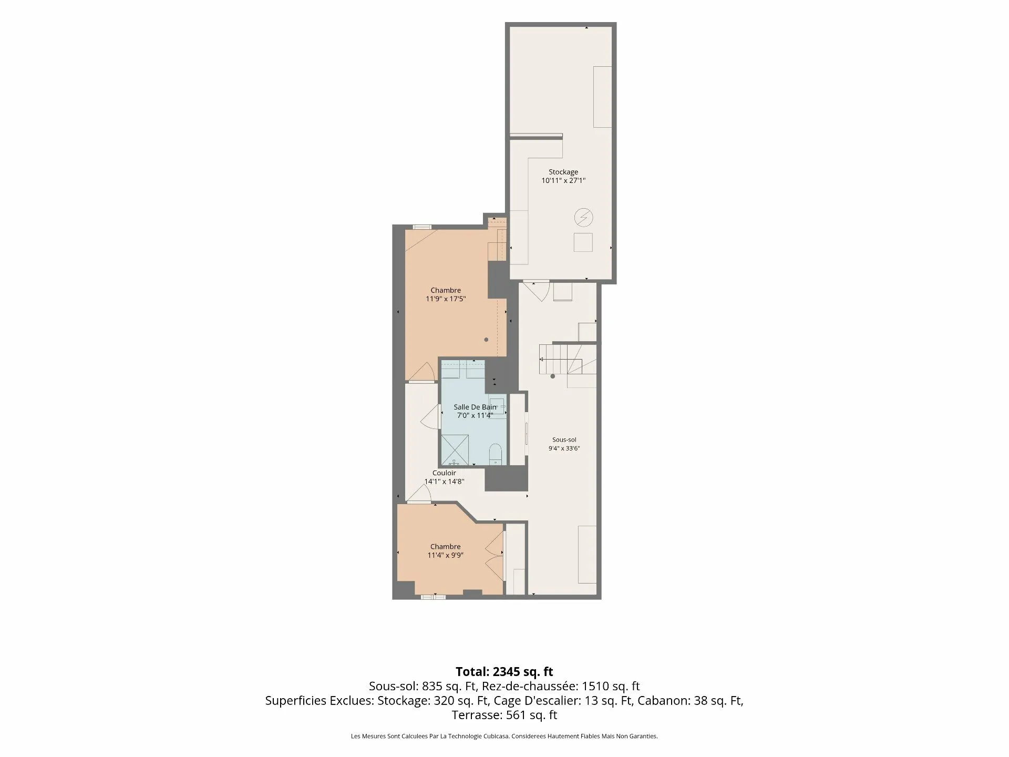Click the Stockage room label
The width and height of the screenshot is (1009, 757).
[x=563, y=172]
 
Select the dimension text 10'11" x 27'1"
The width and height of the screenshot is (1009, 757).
[x=563, y=180]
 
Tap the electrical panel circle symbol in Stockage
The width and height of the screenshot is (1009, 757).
[x=583, y=217]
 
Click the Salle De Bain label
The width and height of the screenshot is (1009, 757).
[x=475, y=407]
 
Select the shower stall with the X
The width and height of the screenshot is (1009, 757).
[x=455, y=450]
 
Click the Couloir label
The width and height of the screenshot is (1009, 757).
[x=444, y=473]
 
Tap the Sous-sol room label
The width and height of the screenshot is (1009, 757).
[x=564, y=440]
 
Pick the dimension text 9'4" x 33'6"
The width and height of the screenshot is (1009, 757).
[x=564, y=448]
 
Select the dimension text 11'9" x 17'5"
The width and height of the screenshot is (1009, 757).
[x=446, y=299]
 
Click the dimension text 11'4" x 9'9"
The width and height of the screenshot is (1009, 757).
[x=446, y=555]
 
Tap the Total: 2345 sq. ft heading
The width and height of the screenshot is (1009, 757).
[x=504, y=671]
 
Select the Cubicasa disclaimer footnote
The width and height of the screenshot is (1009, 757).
[x=504, y=736]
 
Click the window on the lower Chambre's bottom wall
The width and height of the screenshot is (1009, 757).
[x=433, y=597]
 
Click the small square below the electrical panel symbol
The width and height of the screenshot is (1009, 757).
[x=583, y=242]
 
